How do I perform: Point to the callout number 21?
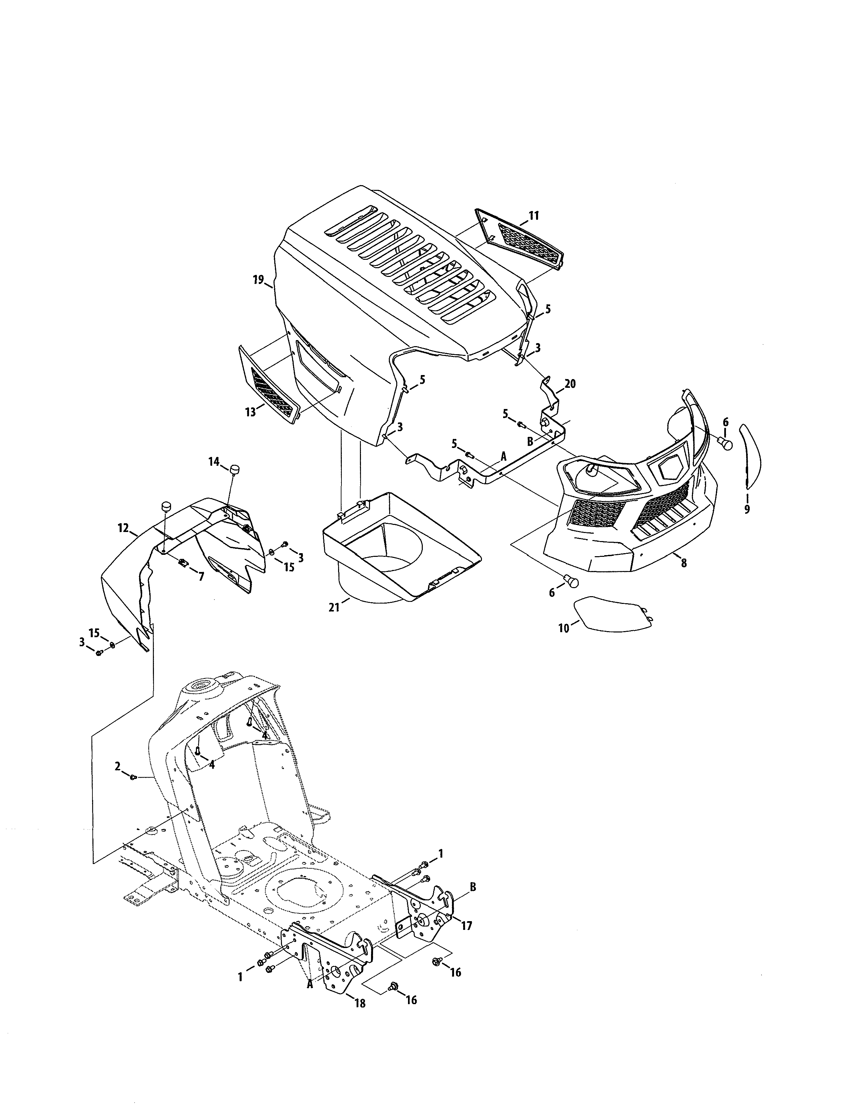point(334,607)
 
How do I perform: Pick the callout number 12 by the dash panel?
point(123,528)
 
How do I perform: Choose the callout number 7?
point(201,577)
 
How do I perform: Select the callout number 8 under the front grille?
point(684,563)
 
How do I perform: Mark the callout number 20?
point(570,384)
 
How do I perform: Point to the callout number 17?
point(466,926)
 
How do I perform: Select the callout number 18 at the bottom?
point(360,1004)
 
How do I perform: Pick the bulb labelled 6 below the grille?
point(572,582)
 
